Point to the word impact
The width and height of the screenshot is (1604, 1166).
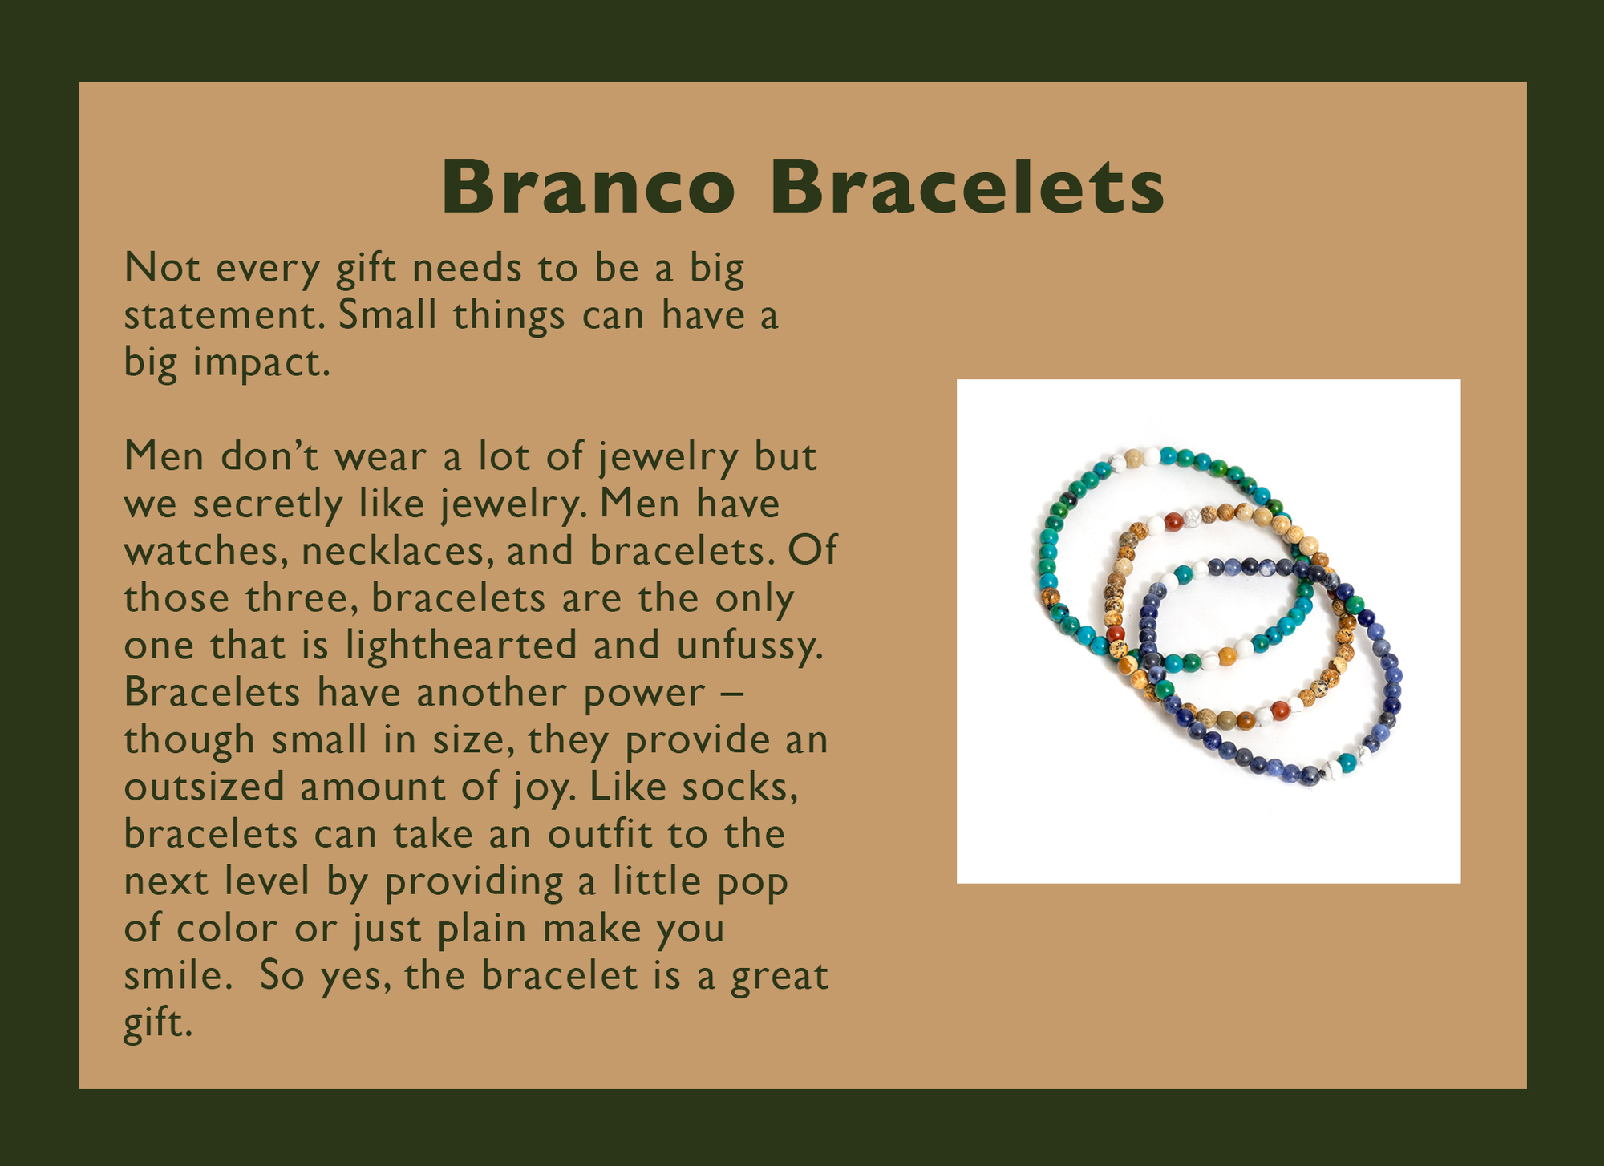pos(261,363)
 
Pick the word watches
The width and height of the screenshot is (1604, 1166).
pos(205,551)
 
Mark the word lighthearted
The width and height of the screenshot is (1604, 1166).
pos(461,646)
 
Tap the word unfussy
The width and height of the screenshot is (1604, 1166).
pos(750,646)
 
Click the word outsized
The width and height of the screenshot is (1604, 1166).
pos(205,787)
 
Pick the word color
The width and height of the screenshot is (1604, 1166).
pos(227,929)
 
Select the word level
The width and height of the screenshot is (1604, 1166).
pos(267,881)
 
